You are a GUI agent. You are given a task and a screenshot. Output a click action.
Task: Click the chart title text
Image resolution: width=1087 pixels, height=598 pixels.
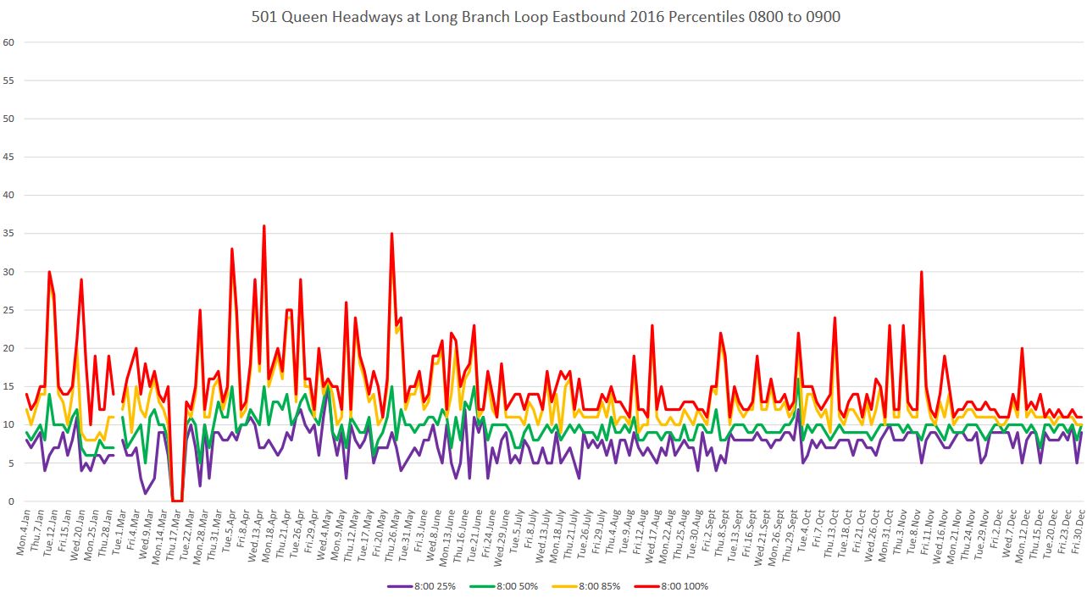click(x=546, y=16)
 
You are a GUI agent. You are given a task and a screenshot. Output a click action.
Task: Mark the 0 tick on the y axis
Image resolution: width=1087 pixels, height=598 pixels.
click(x=11, y=501)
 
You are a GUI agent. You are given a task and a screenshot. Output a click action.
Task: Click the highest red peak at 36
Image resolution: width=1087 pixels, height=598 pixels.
click(x=264, y=226)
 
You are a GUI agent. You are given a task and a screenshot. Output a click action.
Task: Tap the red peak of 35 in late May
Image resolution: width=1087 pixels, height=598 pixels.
click(x=391, y=234)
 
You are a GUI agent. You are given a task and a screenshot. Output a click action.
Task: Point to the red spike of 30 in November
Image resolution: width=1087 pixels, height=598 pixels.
click(x=921, y=272)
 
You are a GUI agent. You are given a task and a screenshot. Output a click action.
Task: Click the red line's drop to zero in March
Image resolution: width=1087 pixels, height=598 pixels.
click(x=177, y=501)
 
